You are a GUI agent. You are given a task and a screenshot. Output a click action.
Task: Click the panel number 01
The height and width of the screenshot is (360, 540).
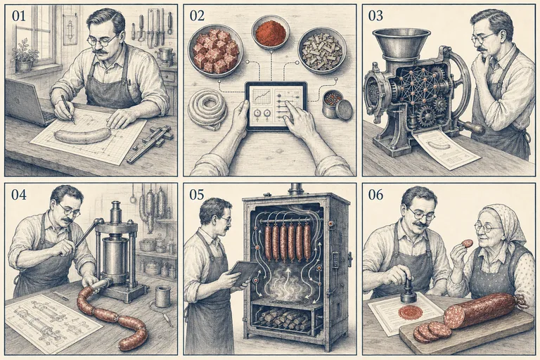coord(18,15)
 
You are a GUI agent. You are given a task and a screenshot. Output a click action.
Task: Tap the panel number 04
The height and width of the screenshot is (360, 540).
coord(19,194)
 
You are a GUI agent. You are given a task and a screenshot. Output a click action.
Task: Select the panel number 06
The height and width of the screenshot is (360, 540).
coord(375,194)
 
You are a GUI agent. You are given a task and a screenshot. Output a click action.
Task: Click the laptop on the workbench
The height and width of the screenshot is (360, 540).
coord(27,103)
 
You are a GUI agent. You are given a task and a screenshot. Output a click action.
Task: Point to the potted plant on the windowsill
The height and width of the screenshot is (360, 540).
coord(25,55)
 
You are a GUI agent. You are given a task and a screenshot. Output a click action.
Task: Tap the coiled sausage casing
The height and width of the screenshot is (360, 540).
coord(207,108)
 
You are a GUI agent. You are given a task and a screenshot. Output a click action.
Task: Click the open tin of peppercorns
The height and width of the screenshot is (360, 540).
coord(337,104)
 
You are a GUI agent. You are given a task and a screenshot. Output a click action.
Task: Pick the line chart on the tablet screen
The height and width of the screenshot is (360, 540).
coord(260,95)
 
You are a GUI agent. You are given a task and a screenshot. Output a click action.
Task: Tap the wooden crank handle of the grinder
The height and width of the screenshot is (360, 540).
coord(472,127)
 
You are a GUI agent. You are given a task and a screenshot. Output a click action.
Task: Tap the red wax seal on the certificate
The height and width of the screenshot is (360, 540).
coord(410,312)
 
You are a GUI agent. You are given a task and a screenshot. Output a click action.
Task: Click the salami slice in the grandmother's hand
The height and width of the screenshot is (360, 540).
coord(467,243)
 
